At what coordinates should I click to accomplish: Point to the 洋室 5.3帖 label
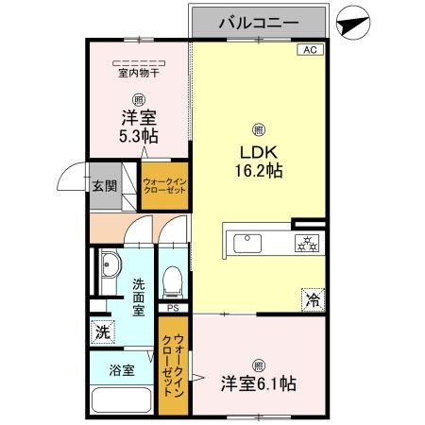(x=138, y=127)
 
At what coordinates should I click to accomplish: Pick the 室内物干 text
(x=138, y=73)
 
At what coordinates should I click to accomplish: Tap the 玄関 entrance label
(x=104, y=185)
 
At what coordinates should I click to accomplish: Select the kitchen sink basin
(x=247, y=241)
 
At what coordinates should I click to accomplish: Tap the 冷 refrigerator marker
(x=311, y=301)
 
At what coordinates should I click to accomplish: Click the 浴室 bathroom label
(x=120, y=370)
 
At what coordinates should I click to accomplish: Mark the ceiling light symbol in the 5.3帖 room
(x=138, y=98)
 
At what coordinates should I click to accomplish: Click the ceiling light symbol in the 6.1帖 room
(x=258, y=365)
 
